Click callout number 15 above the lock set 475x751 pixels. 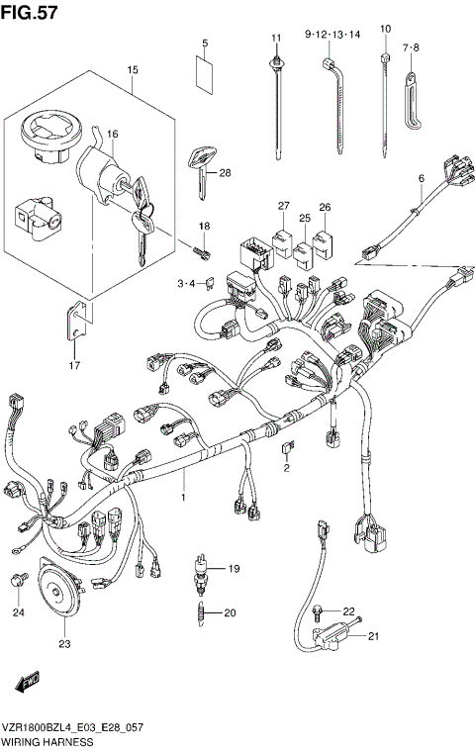[132, 69]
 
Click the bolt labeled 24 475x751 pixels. [18, 583]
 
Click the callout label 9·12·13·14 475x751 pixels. [332, 34]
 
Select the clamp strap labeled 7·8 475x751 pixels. [413, 95]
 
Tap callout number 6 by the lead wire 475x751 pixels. [421, 178]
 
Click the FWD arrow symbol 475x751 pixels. [25, 683]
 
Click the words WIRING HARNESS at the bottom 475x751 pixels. [47, 741]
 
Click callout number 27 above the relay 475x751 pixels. [283, 206]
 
